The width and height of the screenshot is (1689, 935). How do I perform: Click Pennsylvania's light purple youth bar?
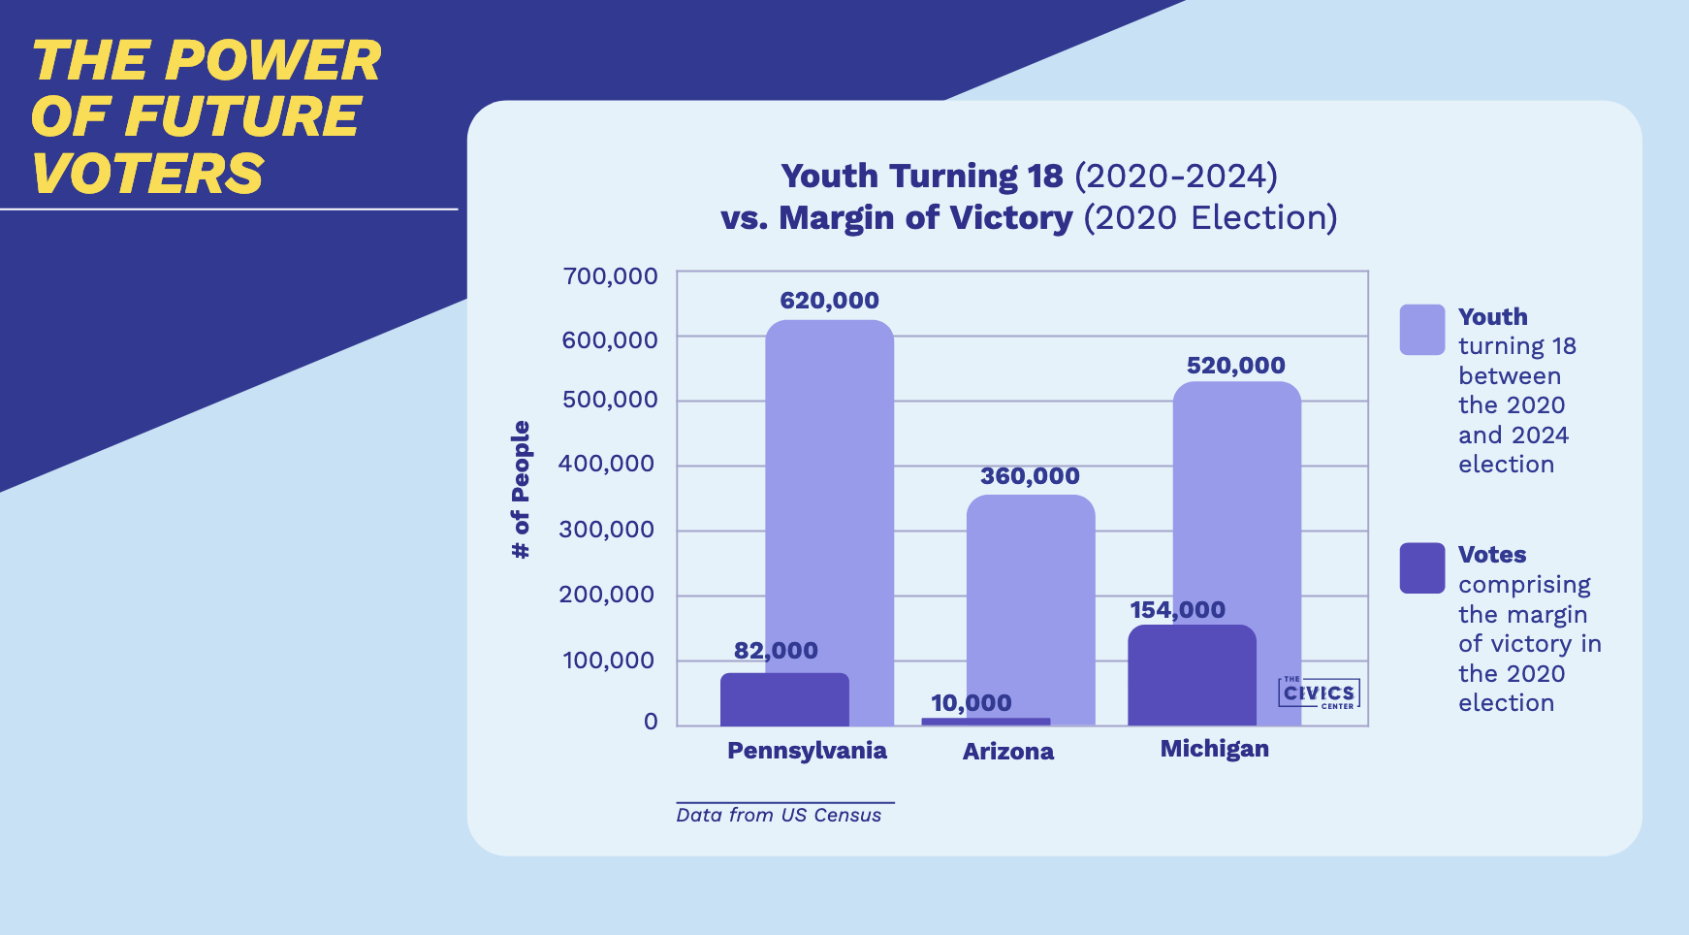pyautogui.click(x=830, y=485)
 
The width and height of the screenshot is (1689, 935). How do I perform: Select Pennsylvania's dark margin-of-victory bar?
pyautogui.click(x=784, y=699)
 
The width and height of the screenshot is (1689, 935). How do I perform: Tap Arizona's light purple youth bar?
pyautogui.click(x=1031, y=601)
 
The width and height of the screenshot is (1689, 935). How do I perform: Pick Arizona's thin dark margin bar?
pyautogui.click(x=985, y=722)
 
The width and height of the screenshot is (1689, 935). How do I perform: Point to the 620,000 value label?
pyautogui.click(x=829, y=301)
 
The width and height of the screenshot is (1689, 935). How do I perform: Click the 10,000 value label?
pyautogui.click(x=971, y=702)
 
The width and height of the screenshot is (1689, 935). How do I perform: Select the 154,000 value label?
pyautogui.click(x=1177, y=610)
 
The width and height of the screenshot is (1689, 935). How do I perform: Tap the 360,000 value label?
pyautogui.click(x=1030, y=476)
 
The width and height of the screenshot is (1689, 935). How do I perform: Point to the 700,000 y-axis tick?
pyautogui.click(x=610, y=276)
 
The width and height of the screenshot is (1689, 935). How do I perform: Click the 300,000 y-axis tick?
pyautogui.click(x=607, y=530)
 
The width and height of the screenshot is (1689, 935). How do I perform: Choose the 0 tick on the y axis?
pyautogui.click(x=651, y=722)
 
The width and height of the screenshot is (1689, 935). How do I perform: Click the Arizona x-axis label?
pyautogui.click(x=1007, y=752)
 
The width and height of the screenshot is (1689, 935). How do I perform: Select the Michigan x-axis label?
pyautogui.click(x=1214, y=749)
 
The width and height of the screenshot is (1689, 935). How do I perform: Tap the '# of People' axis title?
pyautogui.click(x=521, y=490)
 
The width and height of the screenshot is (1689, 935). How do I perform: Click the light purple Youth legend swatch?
pyautogui.click(x=1421, y=330)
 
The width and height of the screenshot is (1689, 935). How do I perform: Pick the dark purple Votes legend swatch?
pyautogui.click(x=1421, y=567)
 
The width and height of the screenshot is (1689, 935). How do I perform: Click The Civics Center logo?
pyautogui.click(x=1319, y=693)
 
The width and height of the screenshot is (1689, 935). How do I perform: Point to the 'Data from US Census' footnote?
pyautogui.click(x=779, y=816)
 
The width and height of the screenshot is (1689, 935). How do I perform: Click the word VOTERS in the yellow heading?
pyautogui.click(x=147, y=175)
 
